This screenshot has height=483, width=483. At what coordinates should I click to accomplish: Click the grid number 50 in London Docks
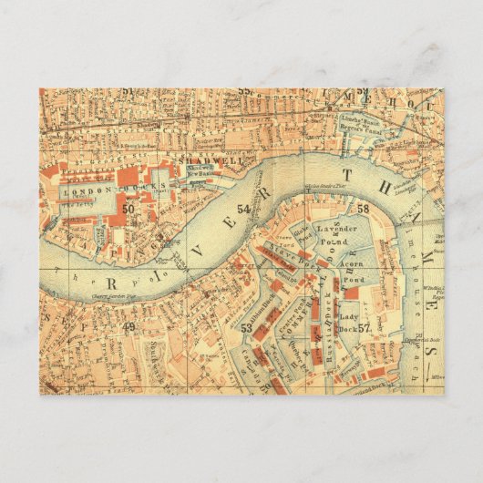coord(128,210)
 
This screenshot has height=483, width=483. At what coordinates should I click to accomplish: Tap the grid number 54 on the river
coord(242,209)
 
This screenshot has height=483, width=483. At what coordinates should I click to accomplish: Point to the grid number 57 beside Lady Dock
coord(364,328)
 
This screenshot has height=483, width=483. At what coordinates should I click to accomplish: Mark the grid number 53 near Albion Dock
coord(246,327)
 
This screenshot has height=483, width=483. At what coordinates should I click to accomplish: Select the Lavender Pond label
coord(334,228)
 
